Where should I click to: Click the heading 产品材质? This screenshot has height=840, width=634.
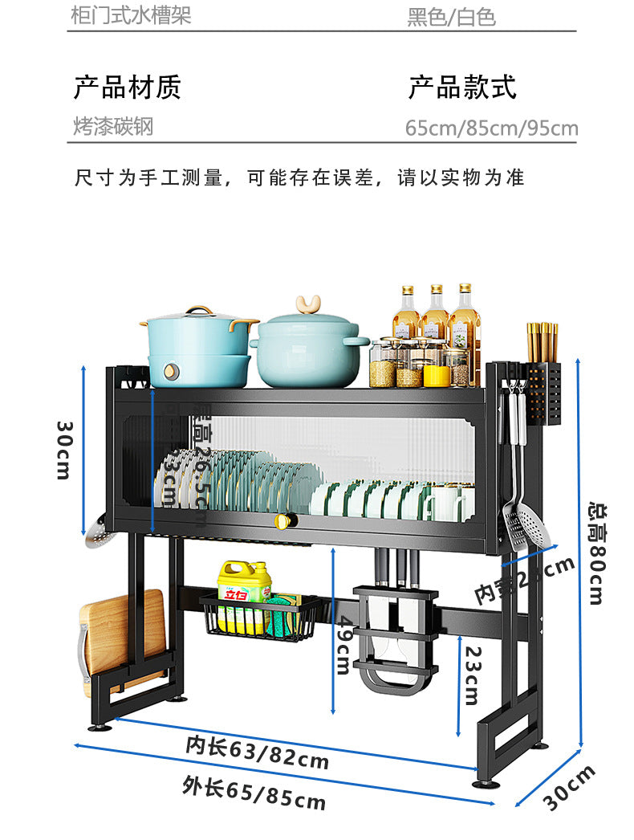[x=128, y=87]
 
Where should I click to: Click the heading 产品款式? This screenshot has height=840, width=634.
[x=462, y=87]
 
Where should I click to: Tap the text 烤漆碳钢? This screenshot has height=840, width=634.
[x=112, y=126]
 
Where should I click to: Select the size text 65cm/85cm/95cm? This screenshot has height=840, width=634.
[x=491, y=128]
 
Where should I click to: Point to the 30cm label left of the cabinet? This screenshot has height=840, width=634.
[x=63, y=450]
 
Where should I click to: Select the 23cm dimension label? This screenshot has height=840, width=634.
[x=471, y=675]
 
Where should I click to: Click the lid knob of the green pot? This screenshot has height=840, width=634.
[x=307, y=304]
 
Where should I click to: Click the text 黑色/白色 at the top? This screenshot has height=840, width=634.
[x=451, y=17]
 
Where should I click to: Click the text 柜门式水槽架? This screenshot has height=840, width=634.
[x=132, y=15]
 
